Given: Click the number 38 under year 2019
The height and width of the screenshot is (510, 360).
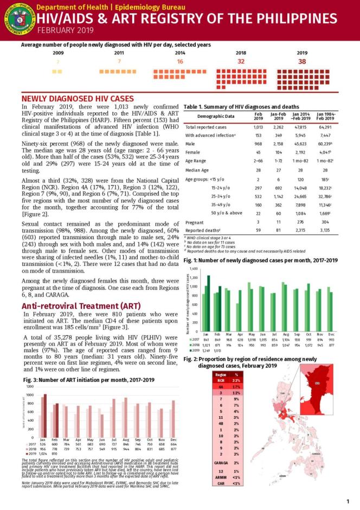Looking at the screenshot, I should click(302, 61).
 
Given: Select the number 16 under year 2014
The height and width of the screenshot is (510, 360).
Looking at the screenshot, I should click(180, 61).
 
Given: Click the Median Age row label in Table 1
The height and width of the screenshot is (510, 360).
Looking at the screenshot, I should click(197, 170).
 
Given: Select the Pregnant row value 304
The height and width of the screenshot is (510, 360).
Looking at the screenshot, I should click(324, 222).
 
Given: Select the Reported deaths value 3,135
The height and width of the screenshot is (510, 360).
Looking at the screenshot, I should click(324, 230).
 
